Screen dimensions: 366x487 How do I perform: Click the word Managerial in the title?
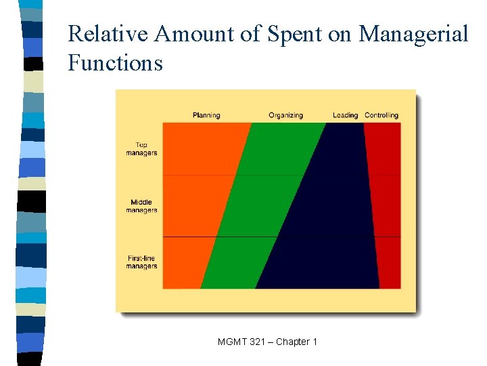pos(413,34)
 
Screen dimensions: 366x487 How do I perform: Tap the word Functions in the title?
pos(116,63)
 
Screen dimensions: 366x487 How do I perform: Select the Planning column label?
pos(206,115)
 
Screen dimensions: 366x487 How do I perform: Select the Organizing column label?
pos(285,115)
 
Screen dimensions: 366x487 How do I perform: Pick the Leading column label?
pos(345,115)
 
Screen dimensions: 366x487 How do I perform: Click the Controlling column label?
pos(381,115)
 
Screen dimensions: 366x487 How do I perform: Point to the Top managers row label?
pos(141,148)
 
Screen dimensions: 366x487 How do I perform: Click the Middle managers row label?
pos(141,206)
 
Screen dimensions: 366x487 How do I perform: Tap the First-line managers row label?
pos(141,262)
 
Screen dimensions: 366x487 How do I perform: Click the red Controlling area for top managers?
pos(384,149)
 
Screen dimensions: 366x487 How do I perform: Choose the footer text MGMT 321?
pos(243,342)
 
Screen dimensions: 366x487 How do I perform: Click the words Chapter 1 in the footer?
pos(296,342)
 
